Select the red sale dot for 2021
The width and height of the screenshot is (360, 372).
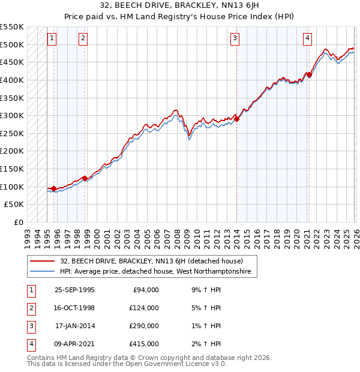tap(309, 74)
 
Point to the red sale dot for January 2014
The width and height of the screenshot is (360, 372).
tap(236, 119)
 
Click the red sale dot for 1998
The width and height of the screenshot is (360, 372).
tap(85, 178)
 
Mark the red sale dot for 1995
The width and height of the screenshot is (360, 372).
tap(54, 189)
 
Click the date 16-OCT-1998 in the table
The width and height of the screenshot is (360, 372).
tap(74, 308)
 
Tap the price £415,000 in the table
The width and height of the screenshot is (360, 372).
tap(144, 344)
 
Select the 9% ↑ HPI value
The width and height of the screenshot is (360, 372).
tap(205, 290)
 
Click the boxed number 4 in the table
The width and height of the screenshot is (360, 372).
tap(30, 344)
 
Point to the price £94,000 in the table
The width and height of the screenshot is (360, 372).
tap(146, 290)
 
